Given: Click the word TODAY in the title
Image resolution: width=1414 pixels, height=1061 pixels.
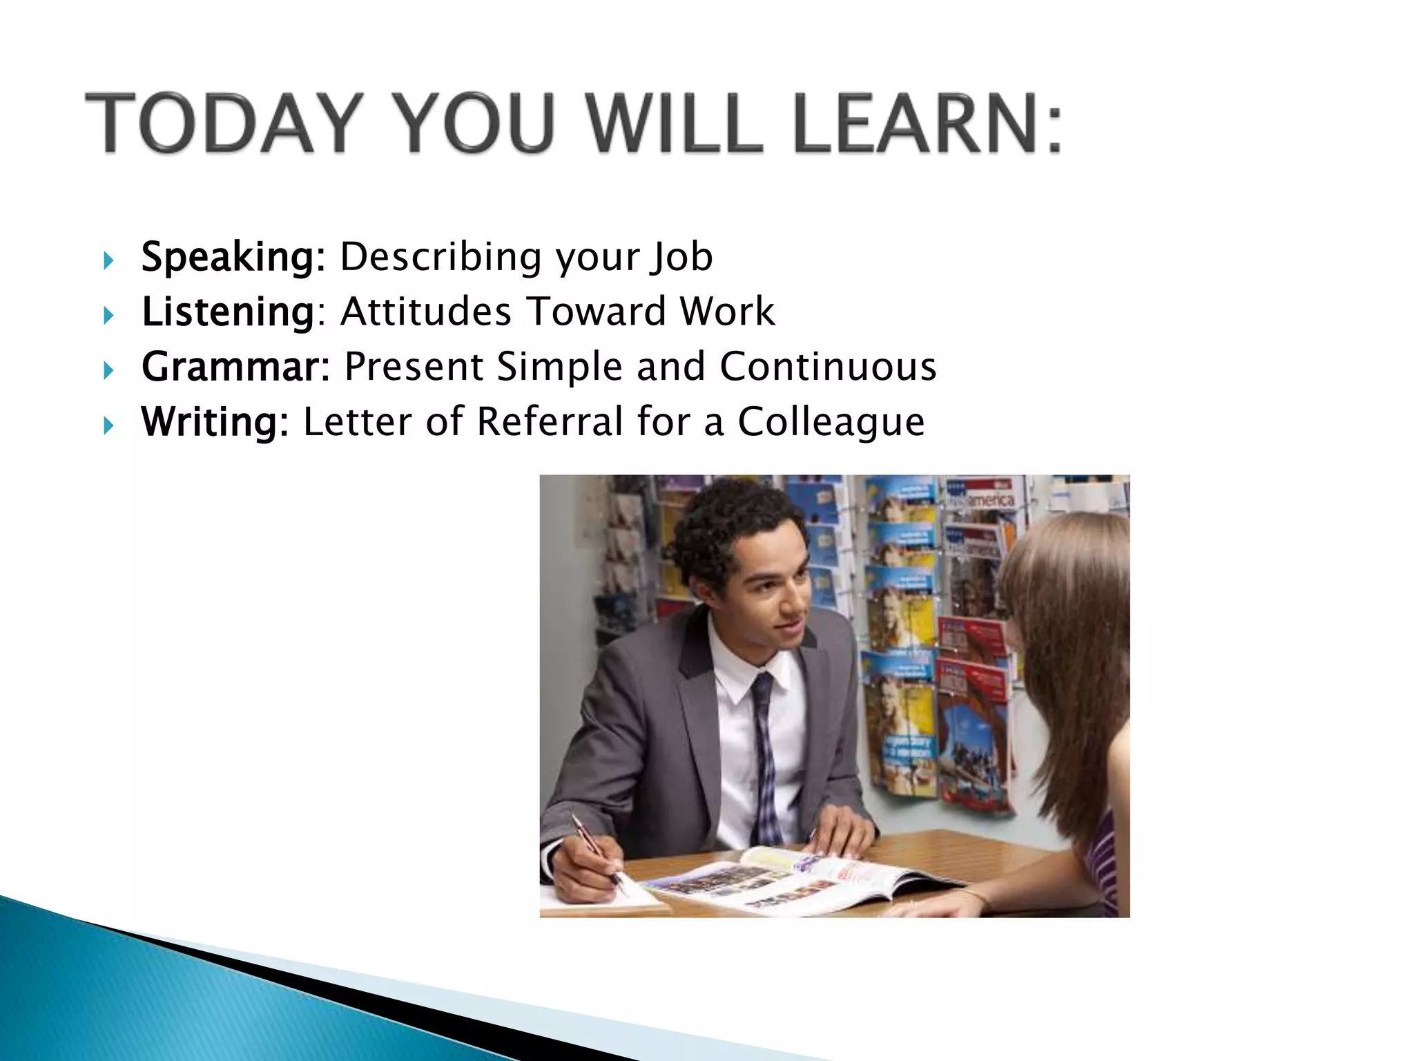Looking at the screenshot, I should pos(222,122).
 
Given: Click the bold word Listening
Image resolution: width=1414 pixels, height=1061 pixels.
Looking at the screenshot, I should pos(228,312).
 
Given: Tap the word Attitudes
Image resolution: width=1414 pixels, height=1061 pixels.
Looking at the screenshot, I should pos(426,312).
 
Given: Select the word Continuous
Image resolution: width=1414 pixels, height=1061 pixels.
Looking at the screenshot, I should pos(828,366).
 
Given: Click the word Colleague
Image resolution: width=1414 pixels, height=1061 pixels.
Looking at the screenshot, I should pos(831,421).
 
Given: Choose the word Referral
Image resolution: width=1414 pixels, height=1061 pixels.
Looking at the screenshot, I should pos(550,421).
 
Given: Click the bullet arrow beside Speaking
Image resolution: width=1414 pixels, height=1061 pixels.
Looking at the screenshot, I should pos(108,261).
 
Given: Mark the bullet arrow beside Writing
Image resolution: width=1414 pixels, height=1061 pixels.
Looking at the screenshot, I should pos(108,426).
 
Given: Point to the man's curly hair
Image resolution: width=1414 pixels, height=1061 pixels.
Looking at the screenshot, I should pos(732,525).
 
